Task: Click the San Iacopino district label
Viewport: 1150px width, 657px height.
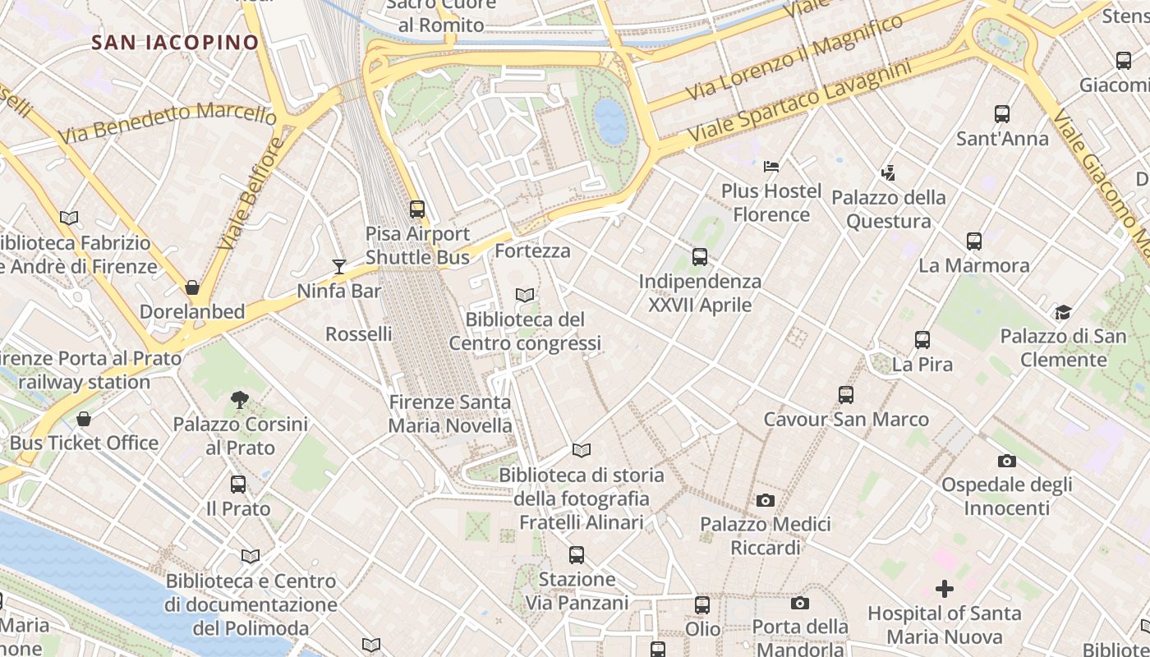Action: click(175, 42)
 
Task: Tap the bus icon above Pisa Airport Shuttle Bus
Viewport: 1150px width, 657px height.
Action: click(417, 209)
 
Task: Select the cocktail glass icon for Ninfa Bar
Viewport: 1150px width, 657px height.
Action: click(339, 265)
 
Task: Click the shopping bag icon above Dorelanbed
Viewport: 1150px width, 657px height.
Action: click(192, 287)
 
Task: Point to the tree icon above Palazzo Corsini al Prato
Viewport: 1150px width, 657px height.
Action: click(240, 400)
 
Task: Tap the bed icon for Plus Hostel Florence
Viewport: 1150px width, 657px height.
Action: click(770, 167)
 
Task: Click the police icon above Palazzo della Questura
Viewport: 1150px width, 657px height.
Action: click(887, 173)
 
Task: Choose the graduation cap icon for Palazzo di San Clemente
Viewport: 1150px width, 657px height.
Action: click(1063, 312)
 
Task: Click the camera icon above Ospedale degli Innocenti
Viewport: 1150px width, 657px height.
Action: click(1006, 461)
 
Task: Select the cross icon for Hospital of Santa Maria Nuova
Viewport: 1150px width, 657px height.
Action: click(945, 589)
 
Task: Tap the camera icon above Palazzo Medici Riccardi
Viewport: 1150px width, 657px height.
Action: click(765, 500)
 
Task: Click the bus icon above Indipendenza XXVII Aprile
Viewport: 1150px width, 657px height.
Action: click(700, 257)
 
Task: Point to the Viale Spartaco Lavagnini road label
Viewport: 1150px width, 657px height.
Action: click(800, 101)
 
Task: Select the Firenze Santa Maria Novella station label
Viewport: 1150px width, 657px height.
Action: click(450, 414)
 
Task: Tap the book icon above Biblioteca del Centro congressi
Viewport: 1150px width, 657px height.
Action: click(524, 295)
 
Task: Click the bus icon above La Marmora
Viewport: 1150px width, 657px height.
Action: click(973, 241)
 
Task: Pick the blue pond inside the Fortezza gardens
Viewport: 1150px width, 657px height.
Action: click(610, 121)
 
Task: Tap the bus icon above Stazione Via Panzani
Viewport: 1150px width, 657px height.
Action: click(577, 555)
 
